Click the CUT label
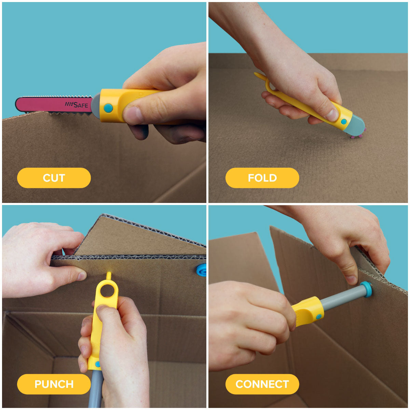(54, 178)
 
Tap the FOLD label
(262, 178)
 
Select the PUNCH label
(54, 384)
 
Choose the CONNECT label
(262, 384)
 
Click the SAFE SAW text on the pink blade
(77, 105)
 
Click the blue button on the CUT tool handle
(108, 108)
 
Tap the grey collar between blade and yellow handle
(96, 106)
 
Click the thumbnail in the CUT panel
(133, 115)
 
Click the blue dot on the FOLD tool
(344, 122)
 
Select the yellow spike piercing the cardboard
(109, 276)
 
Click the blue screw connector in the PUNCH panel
(201, 270)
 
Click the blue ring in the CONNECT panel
(366, 289)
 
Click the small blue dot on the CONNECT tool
(319, 316)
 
